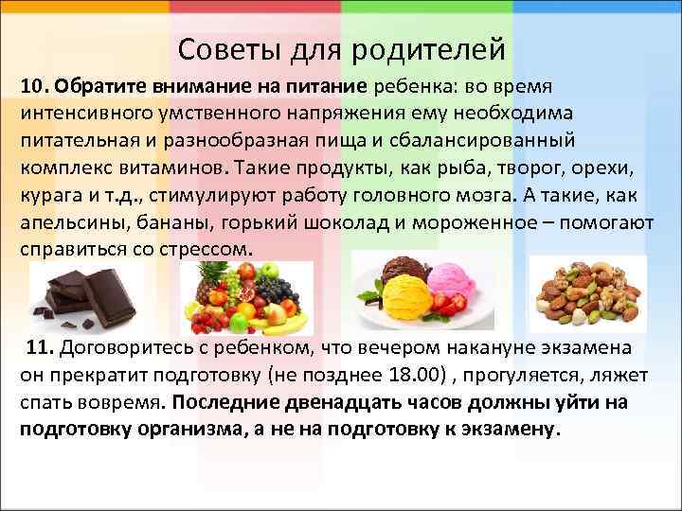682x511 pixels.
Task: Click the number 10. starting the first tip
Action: (35, 87)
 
